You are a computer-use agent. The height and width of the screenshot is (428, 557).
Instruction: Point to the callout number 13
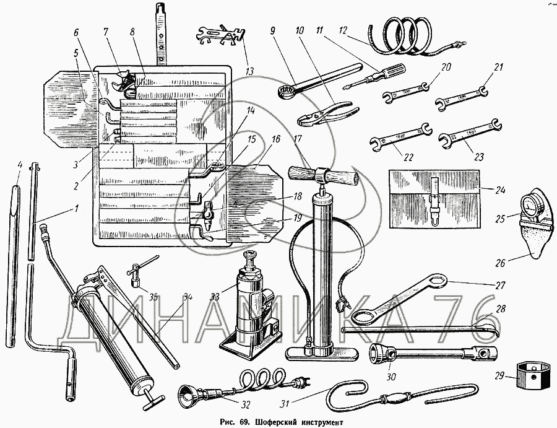coord(250,71)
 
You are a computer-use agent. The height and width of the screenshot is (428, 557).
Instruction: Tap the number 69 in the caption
coord(244,421)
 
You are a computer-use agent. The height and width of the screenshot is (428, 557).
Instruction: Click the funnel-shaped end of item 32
coord(188,395)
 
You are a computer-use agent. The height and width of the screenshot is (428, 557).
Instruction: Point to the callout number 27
coord(500,286)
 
